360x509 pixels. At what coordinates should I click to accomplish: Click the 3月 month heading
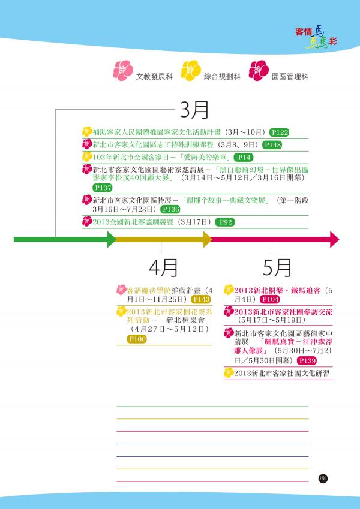click(194, 110)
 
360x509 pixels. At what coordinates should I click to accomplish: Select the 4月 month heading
click(163, 268)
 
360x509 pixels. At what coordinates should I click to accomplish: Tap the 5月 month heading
click(277, 268)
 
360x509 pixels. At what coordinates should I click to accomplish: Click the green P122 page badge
click(279, 132)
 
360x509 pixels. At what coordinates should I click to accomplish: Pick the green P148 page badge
click(272, 145)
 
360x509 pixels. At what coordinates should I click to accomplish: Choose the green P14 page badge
click(244, 158)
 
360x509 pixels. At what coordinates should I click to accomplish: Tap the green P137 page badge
click(103, 188)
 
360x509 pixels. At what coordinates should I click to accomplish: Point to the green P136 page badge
click(170, 209)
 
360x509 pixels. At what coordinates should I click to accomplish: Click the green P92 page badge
click(225, 222)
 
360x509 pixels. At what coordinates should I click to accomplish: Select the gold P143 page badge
click(201, 299)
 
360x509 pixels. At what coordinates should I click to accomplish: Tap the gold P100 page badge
click(137, 339)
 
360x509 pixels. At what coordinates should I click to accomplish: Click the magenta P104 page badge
click(270, 299)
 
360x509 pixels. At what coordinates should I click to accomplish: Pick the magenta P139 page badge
click(307, 360)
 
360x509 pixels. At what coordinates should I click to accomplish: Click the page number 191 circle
click(323, 478)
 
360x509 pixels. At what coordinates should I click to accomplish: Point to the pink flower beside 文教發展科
click(123, 70)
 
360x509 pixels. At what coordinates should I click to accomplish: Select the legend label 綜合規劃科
click(222, 77)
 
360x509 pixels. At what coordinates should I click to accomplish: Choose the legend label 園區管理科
click(290, 77)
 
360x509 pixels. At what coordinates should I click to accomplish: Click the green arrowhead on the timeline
click(112, 240)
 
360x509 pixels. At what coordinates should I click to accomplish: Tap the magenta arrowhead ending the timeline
click(335, 240)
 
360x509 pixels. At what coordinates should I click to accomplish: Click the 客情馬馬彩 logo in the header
click(316, 37)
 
